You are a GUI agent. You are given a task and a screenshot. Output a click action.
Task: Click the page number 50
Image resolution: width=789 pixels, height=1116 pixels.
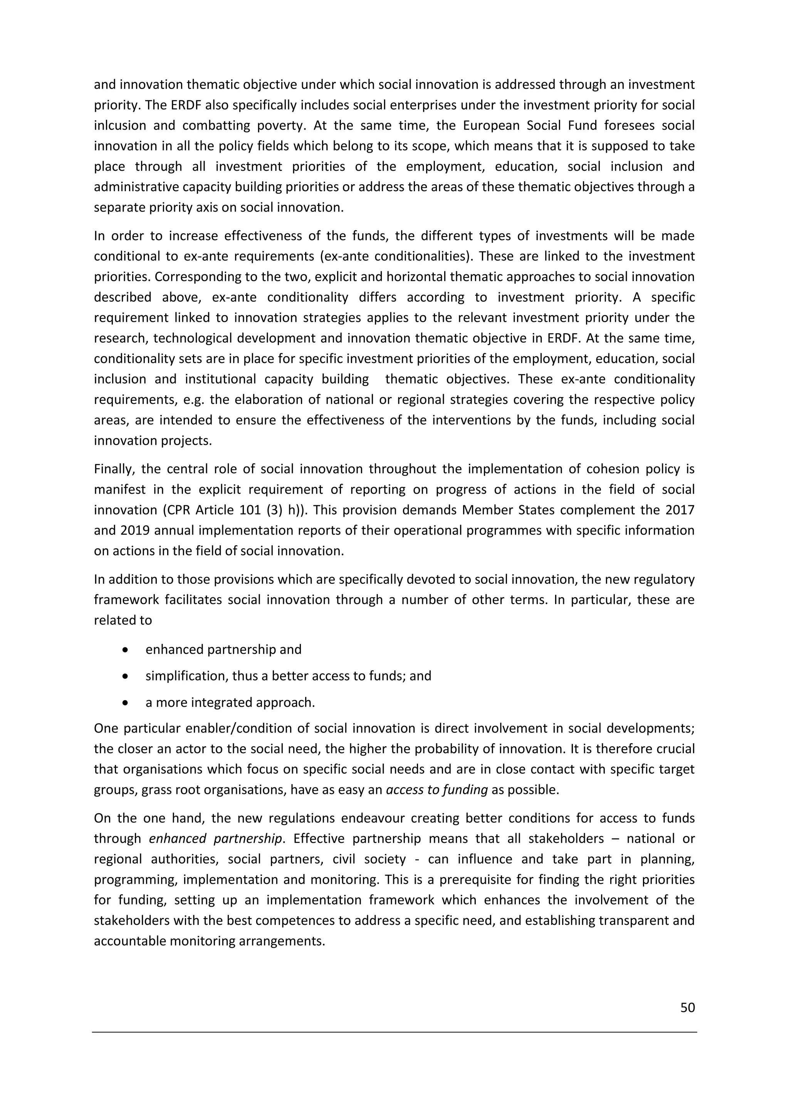click(x=687, y=1008)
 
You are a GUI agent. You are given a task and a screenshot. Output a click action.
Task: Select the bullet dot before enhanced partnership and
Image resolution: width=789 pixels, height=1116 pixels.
click(x=126, y=650)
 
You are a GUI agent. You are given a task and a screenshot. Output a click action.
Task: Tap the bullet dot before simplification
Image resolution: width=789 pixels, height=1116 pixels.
click(x=126, y=676)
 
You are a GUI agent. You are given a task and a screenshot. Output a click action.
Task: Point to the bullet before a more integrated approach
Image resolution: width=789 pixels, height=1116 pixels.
click(x=126, y=703)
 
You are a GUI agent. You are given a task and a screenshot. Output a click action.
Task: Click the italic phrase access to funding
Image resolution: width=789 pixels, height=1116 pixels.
click(x=436, y=790)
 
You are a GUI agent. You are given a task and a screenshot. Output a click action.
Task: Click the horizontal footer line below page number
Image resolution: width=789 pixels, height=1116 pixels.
click(x=394, y=1033)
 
